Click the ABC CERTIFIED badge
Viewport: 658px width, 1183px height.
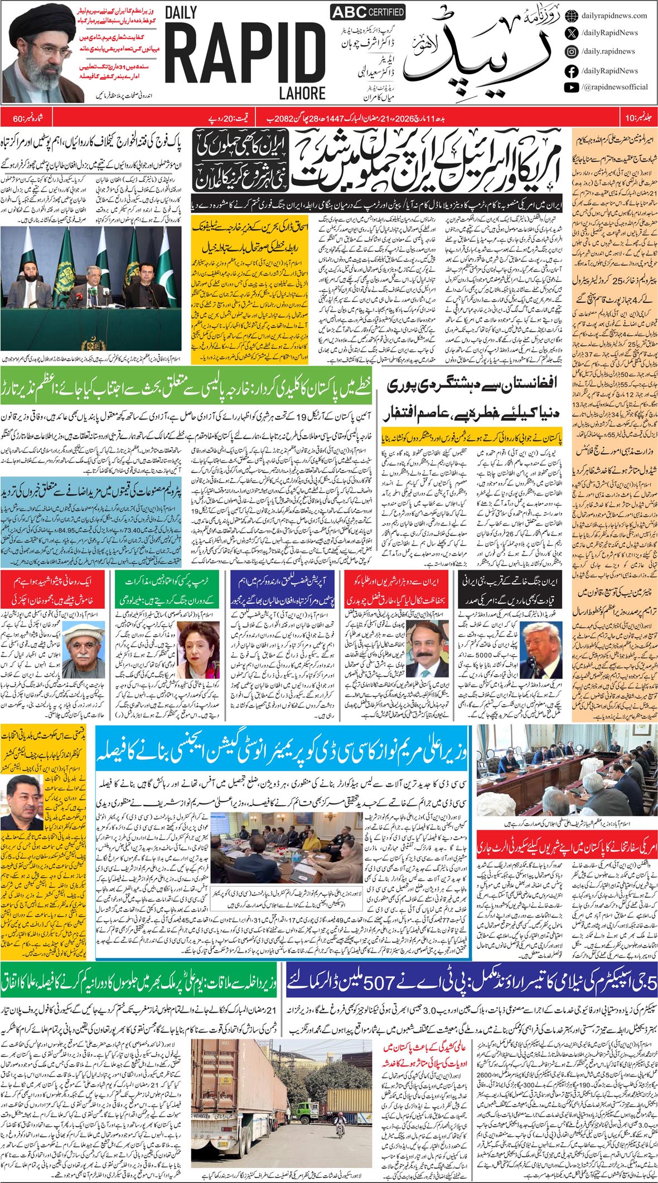367,12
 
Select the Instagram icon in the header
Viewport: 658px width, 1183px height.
571,51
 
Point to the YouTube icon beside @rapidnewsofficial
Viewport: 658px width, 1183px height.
571,87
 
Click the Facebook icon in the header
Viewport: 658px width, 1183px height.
571,71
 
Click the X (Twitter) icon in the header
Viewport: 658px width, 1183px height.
571,33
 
